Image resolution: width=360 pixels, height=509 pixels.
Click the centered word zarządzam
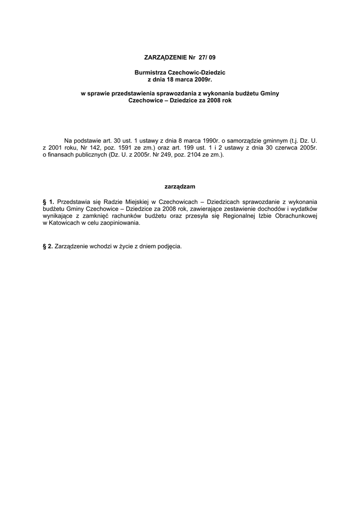coord(180,186)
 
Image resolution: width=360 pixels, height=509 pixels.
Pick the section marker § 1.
coord(49,202)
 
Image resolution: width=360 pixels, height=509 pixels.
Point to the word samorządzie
coord(249,141)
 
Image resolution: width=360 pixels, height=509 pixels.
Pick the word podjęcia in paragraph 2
coord(169,246)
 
